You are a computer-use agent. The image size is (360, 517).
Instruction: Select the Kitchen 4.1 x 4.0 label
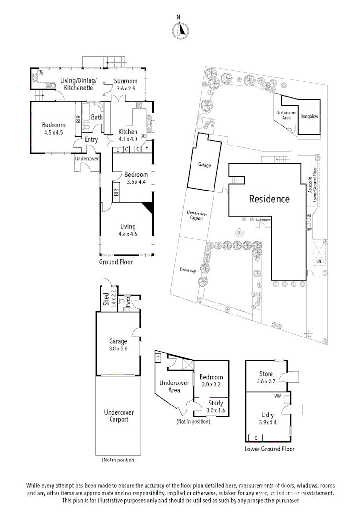coord(128,135)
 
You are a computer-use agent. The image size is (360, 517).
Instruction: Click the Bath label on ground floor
coord(97,117)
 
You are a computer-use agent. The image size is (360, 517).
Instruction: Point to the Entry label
coord(91,140)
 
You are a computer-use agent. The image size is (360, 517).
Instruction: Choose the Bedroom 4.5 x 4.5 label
coord(54,129)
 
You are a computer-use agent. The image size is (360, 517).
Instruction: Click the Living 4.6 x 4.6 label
coord(127,230)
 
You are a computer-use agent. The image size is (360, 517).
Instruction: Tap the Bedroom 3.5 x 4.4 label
coord(135,178)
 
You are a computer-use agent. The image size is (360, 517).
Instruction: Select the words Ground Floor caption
coord(116,262)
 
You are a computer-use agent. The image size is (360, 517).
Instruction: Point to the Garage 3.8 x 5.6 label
coord(118,345)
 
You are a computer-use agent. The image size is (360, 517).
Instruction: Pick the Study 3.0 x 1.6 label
coord(215,406)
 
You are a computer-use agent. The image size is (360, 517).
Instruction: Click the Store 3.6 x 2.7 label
coord(266,378)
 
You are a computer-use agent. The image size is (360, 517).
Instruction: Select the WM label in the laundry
coord(277,396)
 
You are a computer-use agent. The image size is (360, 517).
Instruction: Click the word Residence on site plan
coord(269,199)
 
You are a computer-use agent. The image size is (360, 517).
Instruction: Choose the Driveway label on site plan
coord(188,270)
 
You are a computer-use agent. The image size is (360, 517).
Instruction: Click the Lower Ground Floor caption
coord(270,449)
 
